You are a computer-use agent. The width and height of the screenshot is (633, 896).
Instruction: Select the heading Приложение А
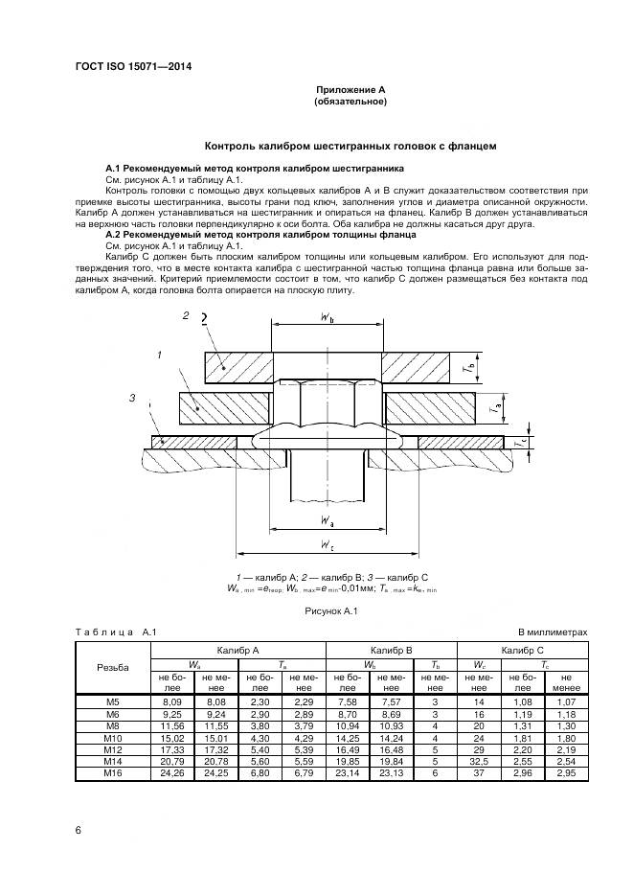pyautogui.click(x=350, y=89)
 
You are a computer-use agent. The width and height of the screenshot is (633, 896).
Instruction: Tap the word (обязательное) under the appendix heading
pyautogui.click(x=350, y=101)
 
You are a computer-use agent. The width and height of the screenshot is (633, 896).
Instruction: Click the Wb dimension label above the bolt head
pyautogui.click(x=327, y=320)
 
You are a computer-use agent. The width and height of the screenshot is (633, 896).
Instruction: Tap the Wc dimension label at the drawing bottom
pyautogui.click(x=328, y=544)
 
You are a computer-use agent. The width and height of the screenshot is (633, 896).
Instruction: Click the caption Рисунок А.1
pyautogui.click(x=330, y=609)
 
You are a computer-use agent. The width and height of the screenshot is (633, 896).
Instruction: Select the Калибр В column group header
pyautogui.click(x=392, y=650)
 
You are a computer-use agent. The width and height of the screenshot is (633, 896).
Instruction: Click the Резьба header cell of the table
pyautogui.click(x=113, y=667)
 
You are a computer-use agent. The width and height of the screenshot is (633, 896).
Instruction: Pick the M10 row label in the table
pyautogui.click(x=113, y=739)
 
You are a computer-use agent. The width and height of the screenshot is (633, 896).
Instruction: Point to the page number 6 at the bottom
pyautogui.click(x=78, y=830)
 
